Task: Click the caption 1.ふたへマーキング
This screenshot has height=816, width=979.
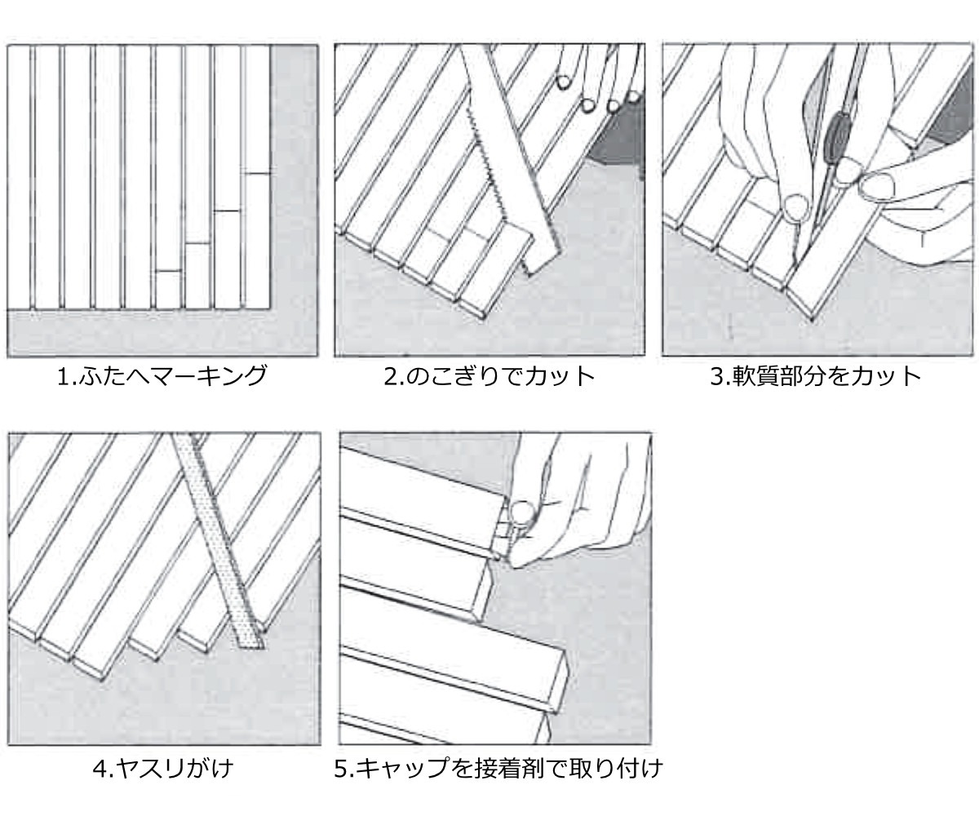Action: click(x=162, y=376)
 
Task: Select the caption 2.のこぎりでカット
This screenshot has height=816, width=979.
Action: click(x=489, y=376)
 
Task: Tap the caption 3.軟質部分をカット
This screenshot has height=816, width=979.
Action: click(x=816, y=376)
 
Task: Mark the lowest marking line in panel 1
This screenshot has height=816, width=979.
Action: click(x=168, y=271)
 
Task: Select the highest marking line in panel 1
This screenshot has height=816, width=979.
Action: click(x=257, y=174)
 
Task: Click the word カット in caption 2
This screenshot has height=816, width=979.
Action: click(x=560, y=376)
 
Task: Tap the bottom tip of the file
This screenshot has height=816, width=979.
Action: click(x=249, y=647)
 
